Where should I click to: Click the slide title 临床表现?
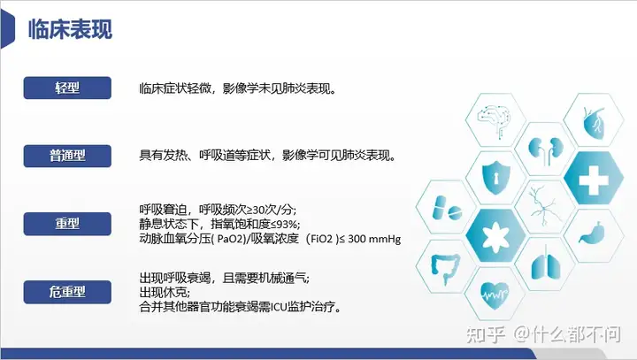tap(70, 29)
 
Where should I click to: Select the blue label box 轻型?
tap(67, 88)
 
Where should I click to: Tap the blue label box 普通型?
tap(67, 156)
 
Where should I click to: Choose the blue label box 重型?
tap(67, 224)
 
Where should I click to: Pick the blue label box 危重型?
tap(67, 292)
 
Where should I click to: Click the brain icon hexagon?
tap(495, 119)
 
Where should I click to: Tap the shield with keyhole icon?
tap(495, 178)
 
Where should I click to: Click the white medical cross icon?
tap(594, 179)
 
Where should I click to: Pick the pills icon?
tap(446, 208)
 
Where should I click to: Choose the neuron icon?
tap(545, 205)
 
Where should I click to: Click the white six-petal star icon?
tap(495, 236)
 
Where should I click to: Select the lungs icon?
tap(545, 264)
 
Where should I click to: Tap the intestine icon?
tap(445, 268)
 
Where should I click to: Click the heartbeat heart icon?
tap(495, 295)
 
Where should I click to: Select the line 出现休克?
tap(165, 292)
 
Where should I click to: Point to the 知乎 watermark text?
tap(485, 334)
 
